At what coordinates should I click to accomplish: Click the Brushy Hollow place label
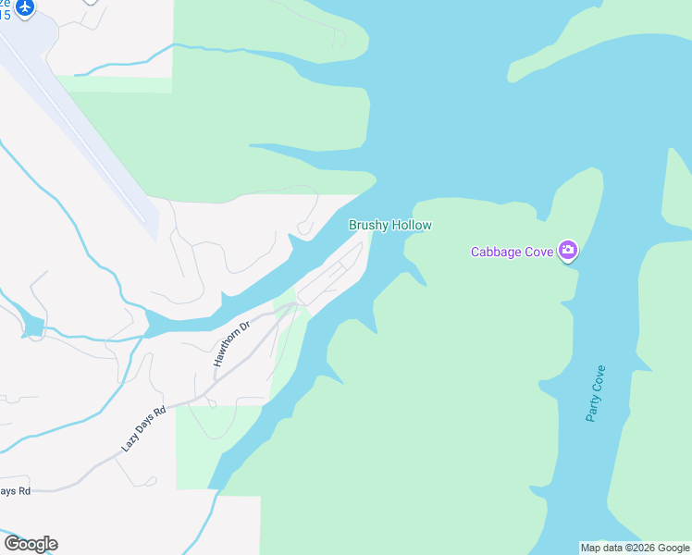(389, 225)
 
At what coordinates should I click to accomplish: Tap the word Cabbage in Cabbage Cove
(498, 252)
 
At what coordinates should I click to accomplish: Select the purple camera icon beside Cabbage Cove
(568, 251)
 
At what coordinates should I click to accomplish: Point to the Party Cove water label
(596, 394)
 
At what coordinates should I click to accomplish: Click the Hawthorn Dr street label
(232, 344)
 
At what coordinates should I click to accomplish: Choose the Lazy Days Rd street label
(143, 428)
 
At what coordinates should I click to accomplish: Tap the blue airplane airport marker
(24, 7)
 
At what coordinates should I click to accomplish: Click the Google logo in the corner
(31, 544)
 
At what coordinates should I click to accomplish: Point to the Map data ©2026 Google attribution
(636, 548)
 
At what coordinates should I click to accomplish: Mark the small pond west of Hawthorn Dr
(32, 326)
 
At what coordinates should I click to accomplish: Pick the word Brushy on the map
(367, 225)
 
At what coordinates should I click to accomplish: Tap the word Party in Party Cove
(592, 408)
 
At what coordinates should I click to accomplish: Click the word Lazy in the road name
(128, 444)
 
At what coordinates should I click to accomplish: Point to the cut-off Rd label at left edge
(16, 490)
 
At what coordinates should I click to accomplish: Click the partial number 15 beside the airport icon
(5, 16)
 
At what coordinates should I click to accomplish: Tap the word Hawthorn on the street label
(228, 350)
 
